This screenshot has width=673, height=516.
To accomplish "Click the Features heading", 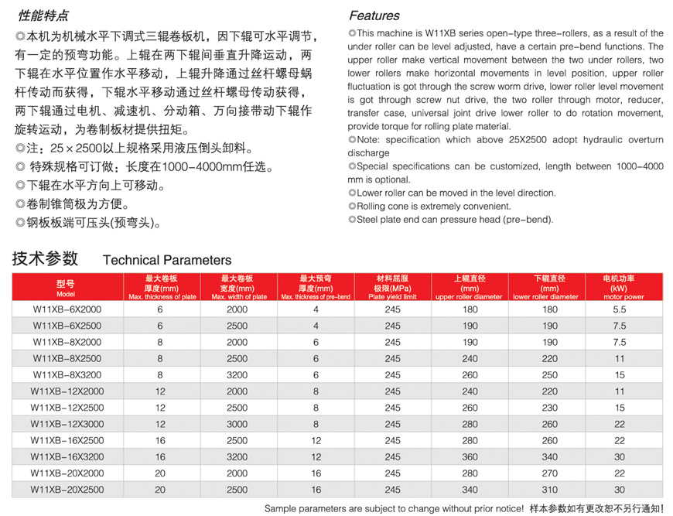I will tap(374, 15).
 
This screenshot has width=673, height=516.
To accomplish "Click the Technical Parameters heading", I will tap(167, 260).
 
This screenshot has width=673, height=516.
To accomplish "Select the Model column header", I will tap(65, 287).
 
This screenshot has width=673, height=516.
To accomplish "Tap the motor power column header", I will tap(623, 287).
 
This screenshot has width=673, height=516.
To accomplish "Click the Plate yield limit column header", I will tap(392, 287).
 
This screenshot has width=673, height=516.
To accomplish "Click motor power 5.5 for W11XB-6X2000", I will tap(619, 309).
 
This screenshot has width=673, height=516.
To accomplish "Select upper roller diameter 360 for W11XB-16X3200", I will tap(470, 456).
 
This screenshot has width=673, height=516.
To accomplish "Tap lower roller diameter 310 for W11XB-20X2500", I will tap(549, 490).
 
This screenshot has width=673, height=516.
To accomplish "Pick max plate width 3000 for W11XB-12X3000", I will tap(237, 424).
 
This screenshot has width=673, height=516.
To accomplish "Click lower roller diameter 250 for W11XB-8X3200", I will tap(549, 374).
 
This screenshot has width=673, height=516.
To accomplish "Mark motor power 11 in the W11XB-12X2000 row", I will tap(619, 391).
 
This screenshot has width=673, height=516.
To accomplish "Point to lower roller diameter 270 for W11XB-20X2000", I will tap(549, 473).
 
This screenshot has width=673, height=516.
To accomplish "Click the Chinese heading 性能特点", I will tap(43, 15).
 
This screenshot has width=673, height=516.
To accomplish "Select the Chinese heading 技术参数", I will tap(45, 258).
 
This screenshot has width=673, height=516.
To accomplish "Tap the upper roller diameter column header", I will tap(470, 287).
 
